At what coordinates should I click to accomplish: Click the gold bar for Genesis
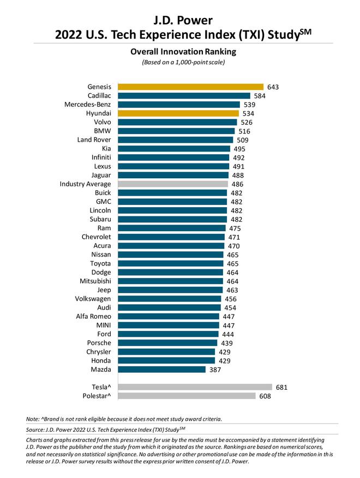tap(189, 87)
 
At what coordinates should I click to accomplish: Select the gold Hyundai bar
tap(177, 113)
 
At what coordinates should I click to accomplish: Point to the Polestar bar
tap(185, 396)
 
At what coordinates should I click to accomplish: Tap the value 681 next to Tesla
tap(281, 387)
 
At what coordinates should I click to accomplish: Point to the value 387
tap(215, 370)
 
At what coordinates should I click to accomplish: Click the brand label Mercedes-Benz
tap(86, 105)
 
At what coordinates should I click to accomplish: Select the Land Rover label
tap(94, 140)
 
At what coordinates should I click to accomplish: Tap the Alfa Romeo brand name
tap(93, 317)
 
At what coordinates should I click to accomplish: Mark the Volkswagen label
tap(93, 299)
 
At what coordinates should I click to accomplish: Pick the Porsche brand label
tap(99, 343)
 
